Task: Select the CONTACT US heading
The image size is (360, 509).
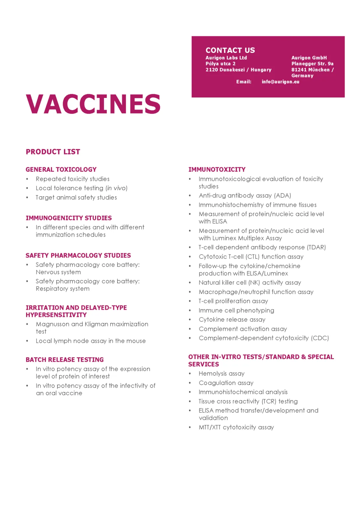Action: tap(230, 50)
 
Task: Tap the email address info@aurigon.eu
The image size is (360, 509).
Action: tap(280, 82)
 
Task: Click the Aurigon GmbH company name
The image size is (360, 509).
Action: tap(309, 58)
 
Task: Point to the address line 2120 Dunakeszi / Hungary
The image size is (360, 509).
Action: tap(238, 70)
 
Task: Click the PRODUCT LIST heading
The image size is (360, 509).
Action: tap(53, 152)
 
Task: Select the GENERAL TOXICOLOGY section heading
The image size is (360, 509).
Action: tap(61, 170)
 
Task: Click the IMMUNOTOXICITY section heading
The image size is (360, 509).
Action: tap(217, 170)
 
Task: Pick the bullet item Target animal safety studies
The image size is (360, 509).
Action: tap(76, 198)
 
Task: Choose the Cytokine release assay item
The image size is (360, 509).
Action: tap(232, 320)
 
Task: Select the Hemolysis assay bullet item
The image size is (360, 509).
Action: tap(221, 374)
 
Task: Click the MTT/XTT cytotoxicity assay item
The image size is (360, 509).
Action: tap(236, 428)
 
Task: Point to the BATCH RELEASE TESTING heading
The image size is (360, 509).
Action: tap(65, 360)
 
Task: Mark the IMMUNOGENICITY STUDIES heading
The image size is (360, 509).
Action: tap(69, 218)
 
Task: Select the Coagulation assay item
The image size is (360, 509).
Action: tap(226, 383)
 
